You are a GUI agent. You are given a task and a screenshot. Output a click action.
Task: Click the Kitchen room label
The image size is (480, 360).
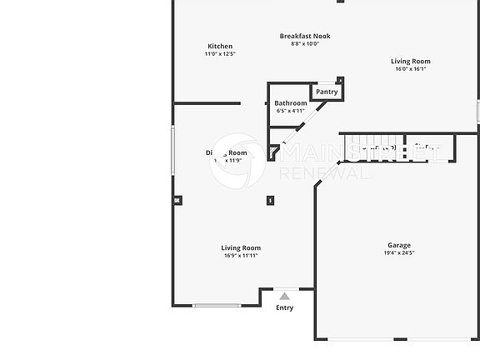[220, 47]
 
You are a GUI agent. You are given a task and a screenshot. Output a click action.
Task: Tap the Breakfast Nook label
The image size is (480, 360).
[305, 36]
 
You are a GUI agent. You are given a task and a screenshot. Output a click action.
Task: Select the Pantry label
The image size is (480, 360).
[327, 92]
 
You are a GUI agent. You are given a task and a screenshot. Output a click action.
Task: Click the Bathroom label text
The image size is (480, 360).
[290, 103]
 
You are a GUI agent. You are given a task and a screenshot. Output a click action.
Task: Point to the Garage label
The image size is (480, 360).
[398, 245]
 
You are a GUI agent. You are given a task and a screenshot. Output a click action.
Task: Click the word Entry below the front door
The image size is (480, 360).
[284, 307]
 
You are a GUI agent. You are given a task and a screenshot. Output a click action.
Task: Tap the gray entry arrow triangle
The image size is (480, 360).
[284, 296]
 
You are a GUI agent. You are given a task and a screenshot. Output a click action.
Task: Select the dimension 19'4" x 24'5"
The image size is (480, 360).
[398, 252]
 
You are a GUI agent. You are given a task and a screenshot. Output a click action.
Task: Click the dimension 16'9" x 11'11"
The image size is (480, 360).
[241, 256]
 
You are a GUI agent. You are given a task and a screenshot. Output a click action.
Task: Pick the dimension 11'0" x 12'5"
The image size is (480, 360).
[220, 54]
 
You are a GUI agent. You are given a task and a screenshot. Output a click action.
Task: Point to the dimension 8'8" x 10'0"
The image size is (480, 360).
[305, 43]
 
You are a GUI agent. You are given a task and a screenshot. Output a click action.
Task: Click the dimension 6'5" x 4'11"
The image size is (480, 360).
[290, 111]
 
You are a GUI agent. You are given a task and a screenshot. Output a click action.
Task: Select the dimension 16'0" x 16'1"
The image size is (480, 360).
[411, 68]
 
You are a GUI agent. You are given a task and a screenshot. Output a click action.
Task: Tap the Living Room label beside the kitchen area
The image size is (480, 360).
[411, 61]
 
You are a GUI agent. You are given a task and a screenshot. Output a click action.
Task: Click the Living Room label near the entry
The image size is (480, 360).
[241, 247]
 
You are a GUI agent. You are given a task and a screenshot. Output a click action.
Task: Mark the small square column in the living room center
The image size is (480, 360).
[269, 200]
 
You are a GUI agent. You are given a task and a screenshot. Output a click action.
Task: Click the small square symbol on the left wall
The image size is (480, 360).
[177, 200]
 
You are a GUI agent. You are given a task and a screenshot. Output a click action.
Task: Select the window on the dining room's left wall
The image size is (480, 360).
[173, 150]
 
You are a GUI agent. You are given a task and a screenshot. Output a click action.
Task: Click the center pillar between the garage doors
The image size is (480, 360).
[400, 339]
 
